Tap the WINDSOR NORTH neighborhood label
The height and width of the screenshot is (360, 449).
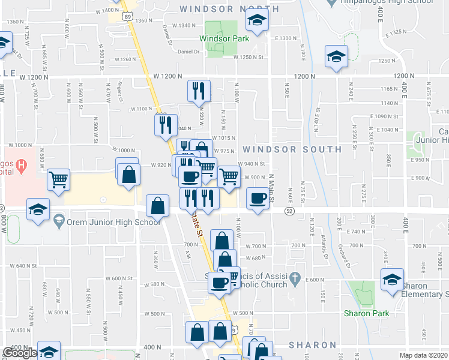(229, 9)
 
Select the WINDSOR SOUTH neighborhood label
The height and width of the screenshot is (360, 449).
(292, 149)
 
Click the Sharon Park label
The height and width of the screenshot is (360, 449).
(366, 313)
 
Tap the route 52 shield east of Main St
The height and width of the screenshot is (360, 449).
(289, 211)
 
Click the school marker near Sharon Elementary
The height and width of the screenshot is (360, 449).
(393, 280)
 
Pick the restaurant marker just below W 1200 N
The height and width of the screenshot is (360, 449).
(199, 91)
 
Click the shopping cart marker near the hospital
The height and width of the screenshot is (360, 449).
(59, 179)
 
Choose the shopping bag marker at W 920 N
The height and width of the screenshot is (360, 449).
(128, 174)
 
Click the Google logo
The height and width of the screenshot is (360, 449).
(20, 353)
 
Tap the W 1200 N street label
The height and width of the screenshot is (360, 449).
(167, 76)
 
